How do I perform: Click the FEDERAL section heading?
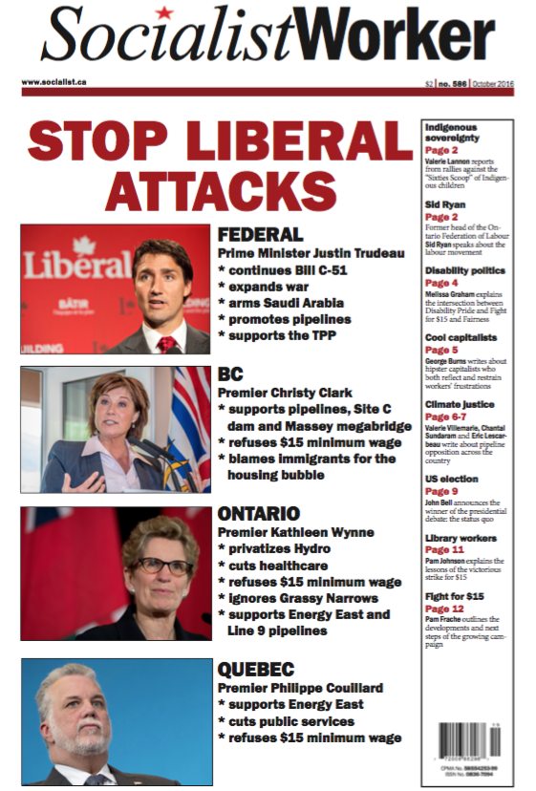coord(260,234)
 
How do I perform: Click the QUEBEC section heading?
coord(256,669)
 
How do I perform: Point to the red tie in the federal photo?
coord(167,343)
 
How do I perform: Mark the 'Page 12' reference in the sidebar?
coord(444,609)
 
